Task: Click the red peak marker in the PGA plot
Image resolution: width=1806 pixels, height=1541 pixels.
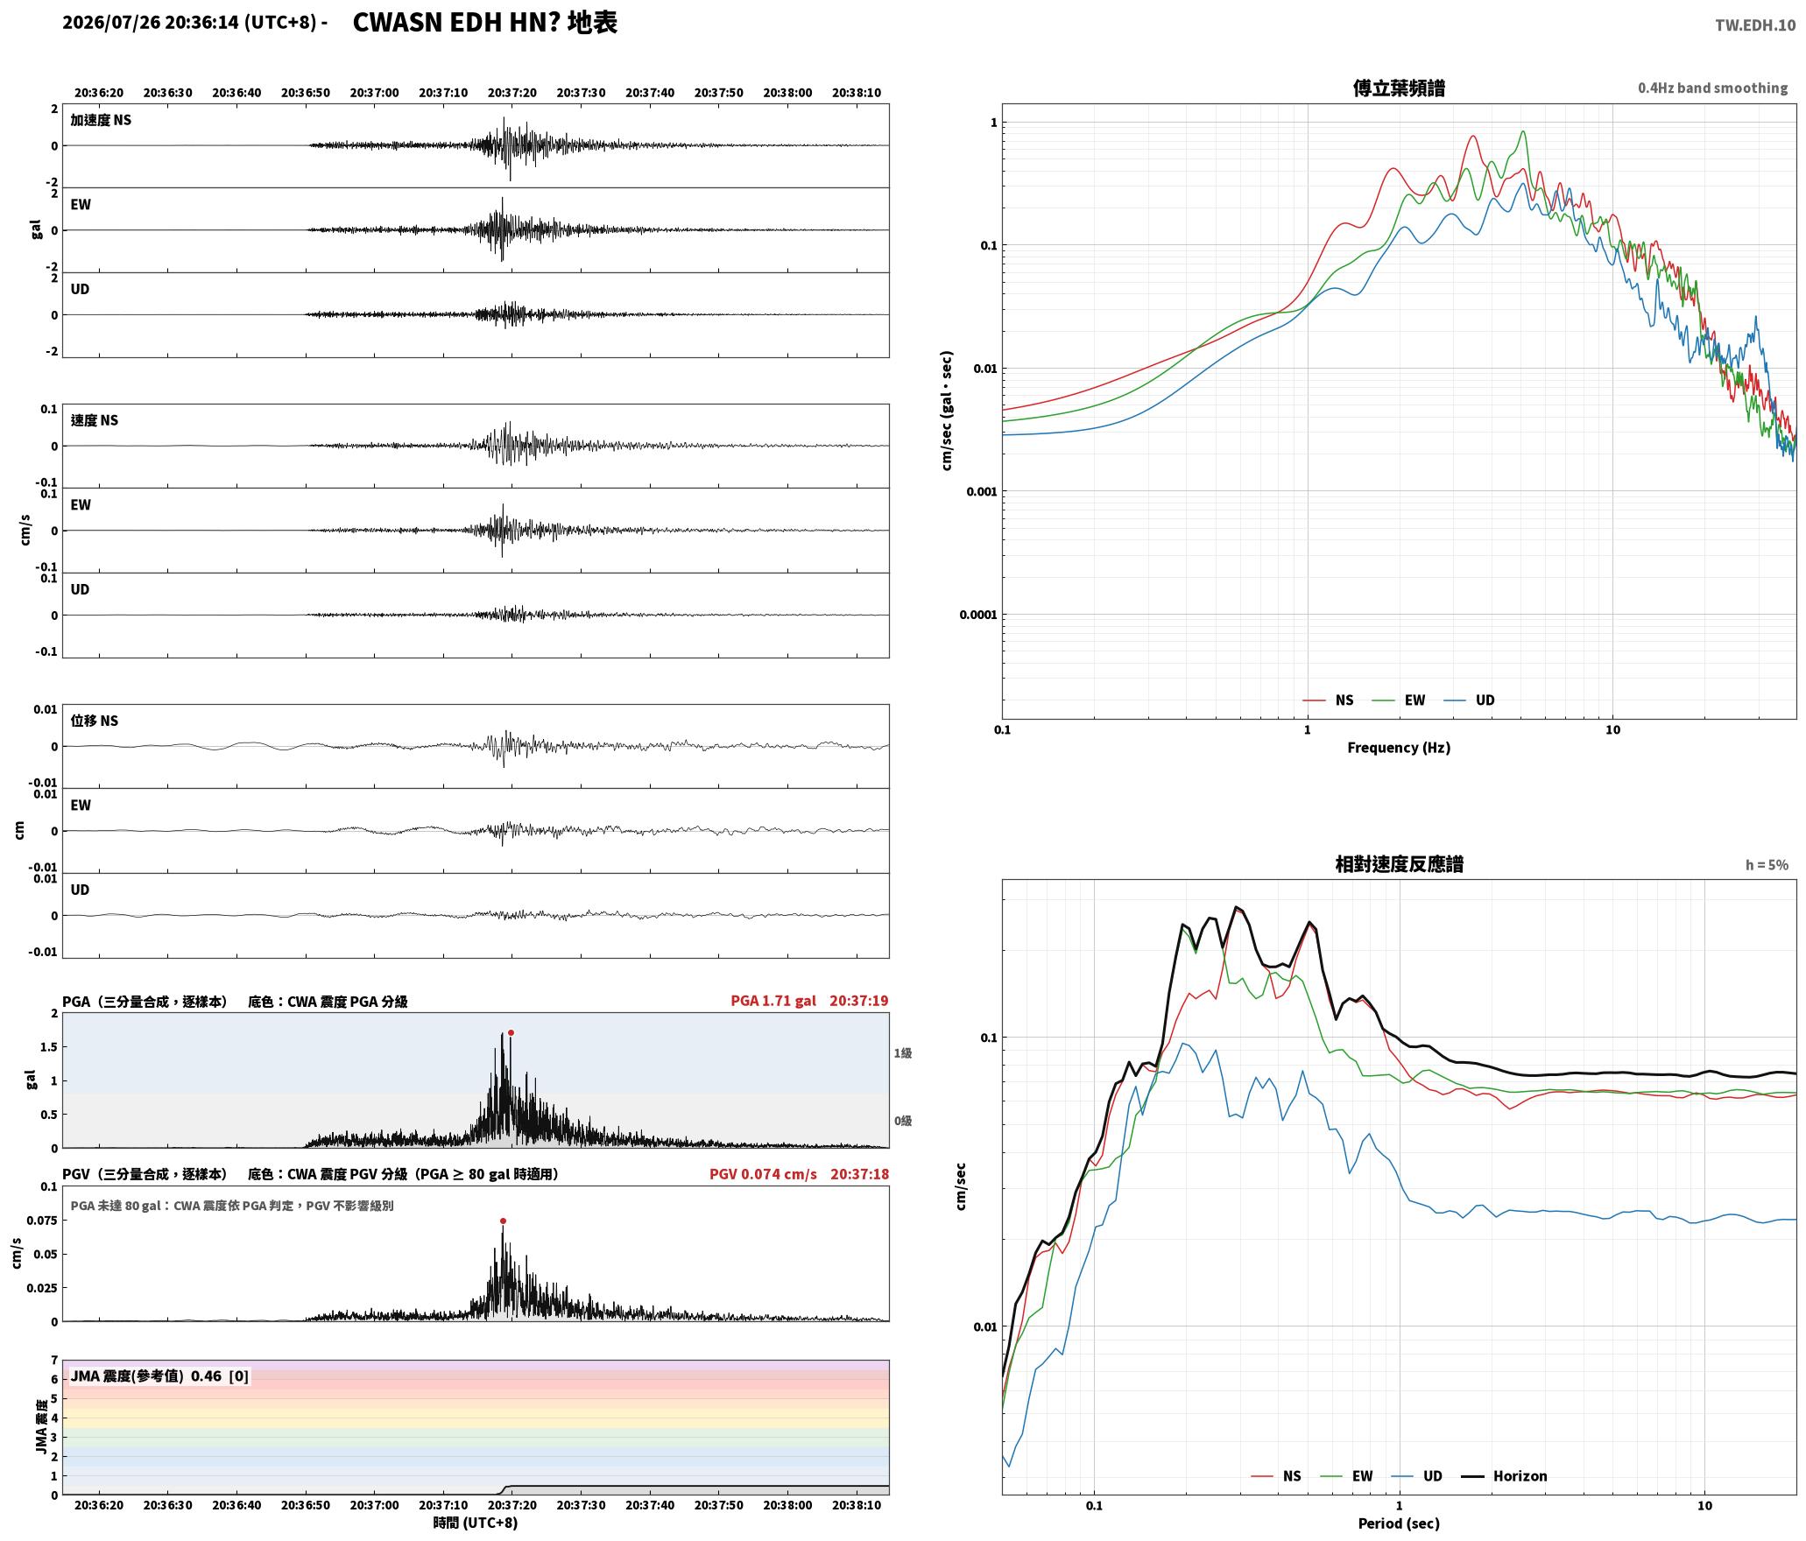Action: point(511,1032)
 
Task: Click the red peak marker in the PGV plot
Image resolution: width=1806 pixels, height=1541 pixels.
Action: point(503,1221)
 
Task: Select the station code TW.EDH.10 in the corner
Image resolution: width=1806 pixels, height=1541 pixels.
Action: point(1755,25)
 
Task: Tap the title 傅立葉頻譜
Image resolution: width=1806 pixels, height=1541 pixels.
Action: point(1399,88)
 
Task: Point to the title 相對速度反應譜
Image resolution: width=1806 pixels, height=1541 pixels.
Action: point(1399,864)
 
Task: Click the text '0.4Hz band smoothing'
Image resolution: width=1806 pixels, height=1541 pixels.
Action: point(1712,88)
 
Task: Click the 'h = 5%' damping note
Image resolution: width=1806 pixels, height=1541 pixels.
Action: point(1767,865)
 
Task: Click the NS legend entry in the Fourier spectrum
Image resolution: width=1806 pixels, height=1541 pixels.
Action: point(1328,700)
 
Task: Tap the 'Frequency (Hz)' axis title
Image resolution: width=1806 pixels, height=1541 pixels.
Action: point(1399,748)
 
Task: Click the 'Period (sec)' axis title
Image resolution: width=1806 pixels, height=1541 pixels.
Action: point(1399,1523)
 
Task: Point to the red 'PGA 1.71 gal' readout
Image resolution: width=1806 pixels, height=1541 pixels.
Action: point(773,1001)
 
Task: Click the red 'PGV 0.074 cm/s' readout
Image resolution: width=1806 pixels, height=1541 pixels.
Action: point(763,1174)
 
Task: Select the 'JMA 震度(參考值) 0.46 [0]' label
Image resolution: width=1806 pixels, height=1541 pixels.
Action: point(159,1376)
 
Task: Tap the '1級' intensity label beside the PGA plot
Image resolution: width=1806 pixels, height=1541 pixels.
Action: point(903,1053)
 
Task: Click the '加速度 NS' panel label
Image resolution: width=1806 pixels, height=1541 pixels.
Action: point(101,120)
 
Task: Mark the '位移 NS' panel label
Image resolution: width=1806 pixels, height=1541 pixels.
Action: point(94,721)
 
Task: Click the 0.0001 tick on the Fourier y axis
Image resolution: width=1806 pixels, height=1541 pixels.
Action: point(977,615)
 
